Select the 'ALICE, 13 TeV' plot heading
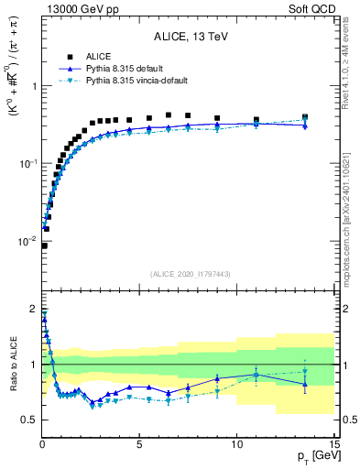pyautogui.click(x=188, y=38)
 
